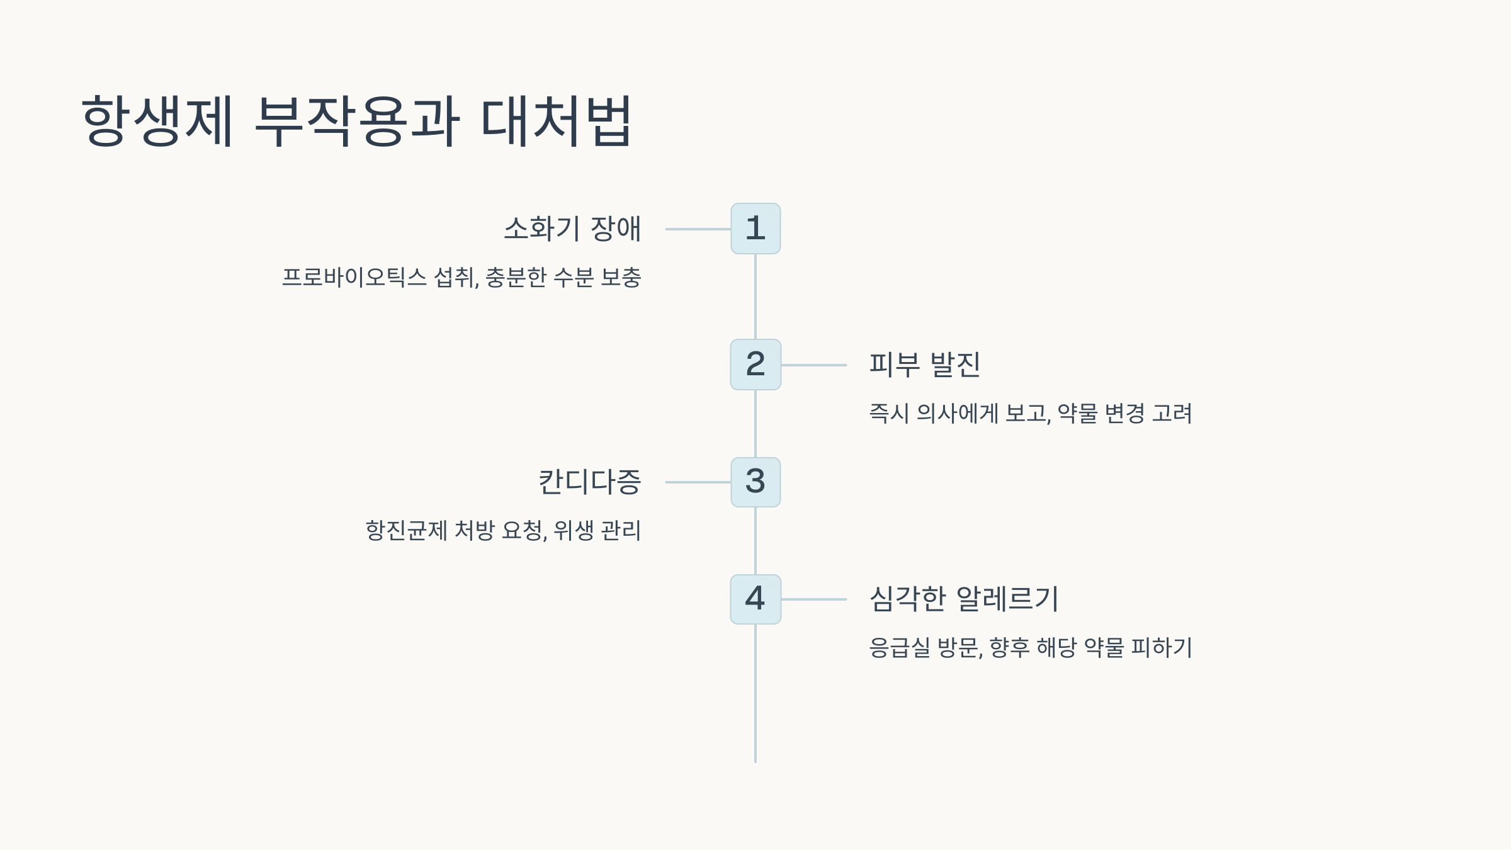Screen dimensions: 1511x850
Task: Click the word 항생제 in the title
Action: coord(157,121)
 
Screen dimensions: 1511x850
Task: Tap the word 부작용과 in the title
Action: coord(357,121)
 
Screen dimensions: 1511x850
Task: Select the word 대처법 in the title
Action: coord(556,121)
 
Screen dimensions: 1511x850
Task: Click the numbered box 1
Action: coord(756,229)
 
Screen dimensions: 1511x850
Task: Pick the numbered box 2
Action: coord(756,365)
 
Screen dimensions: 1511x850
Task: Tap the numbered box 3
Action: coord(756,482)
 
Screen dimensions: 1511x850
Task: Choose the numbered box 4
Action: coord(756,599)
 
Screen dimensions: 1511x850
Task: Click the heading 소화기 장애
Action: coord(572,229)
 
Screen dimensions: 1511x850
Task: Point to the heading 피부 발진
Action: coord(924,365)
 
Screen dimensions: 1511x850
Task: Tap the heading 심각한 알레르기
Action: coord(964,599)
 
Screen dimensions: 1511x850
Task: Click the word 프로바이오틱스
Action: coord(354,278)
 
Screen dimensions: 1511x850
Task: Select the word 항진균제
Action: coord(406,531)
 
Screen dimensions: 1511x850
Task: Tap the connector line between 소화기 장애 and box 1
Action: coord(698,229)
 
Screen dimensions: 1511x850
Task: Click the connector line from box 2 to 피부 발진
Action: coord(813,365)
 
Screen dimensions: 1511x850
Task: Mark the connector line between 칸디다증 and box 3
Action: coord(698,482)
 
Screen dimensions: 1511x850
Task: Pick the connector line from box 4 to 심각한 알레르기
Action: coord(813,599)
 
